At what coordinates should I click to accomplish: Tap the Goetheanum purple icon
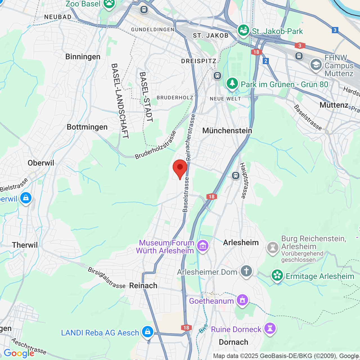pyautogui.click(x=242, y=300)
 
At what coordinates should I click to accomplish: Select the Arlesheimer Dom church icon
pyautogui.click(x=246, y=271)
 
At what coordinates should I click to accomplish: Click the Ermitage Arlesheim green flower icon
pyautogui.click(x=277, y=275)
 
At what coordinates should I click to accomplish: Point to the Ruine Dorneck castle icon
pyautogui.click(x=270, y=328)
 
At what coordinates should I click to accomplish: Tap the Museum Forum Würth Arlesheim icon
pyautogui.click(x=203, y=246)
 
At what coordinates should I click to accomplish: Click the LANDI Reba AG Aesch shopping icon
pyautogui.click(x=147, y=332)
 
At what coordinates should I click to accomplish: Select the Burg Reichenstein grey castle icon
pyautogui.click(x=273, y=247)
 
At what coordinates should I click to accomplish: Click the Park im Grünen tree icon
pyautogui.click(x=232, y=84)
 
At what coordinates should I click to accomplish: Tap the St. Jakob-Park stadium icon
pyautogui.click(x=244, y=30)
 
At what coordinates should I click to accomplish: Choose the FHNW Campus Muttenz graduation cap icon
pyautogui.click(x=316, y=65)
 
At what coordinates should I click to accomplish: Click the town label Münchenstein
pyautogui.click(x=227, y=130)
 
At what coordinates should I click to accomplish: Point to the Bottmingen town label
pyautogui.click(x=87, y=127)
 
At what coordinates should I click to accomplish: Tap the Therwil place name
pyautogui.click(x=25, y=245)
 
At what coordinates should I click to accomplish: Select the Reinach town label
pyautogui.click(x=143, y=285)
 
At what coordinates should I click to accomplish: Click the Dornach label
pyautogui.click(x=233, y=342)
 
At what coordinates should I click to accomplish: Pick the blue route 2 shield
pyautogui.click(x=266, y=61)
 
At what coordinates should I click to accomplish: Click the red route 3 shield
pyautogui.click(x=300, y=45)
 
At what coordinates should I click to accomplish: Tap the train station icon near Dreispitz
pyautogui.click(x=217, y=75)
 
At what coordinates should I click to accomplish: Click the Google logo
pyautogui.click(x=19, y=353)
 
